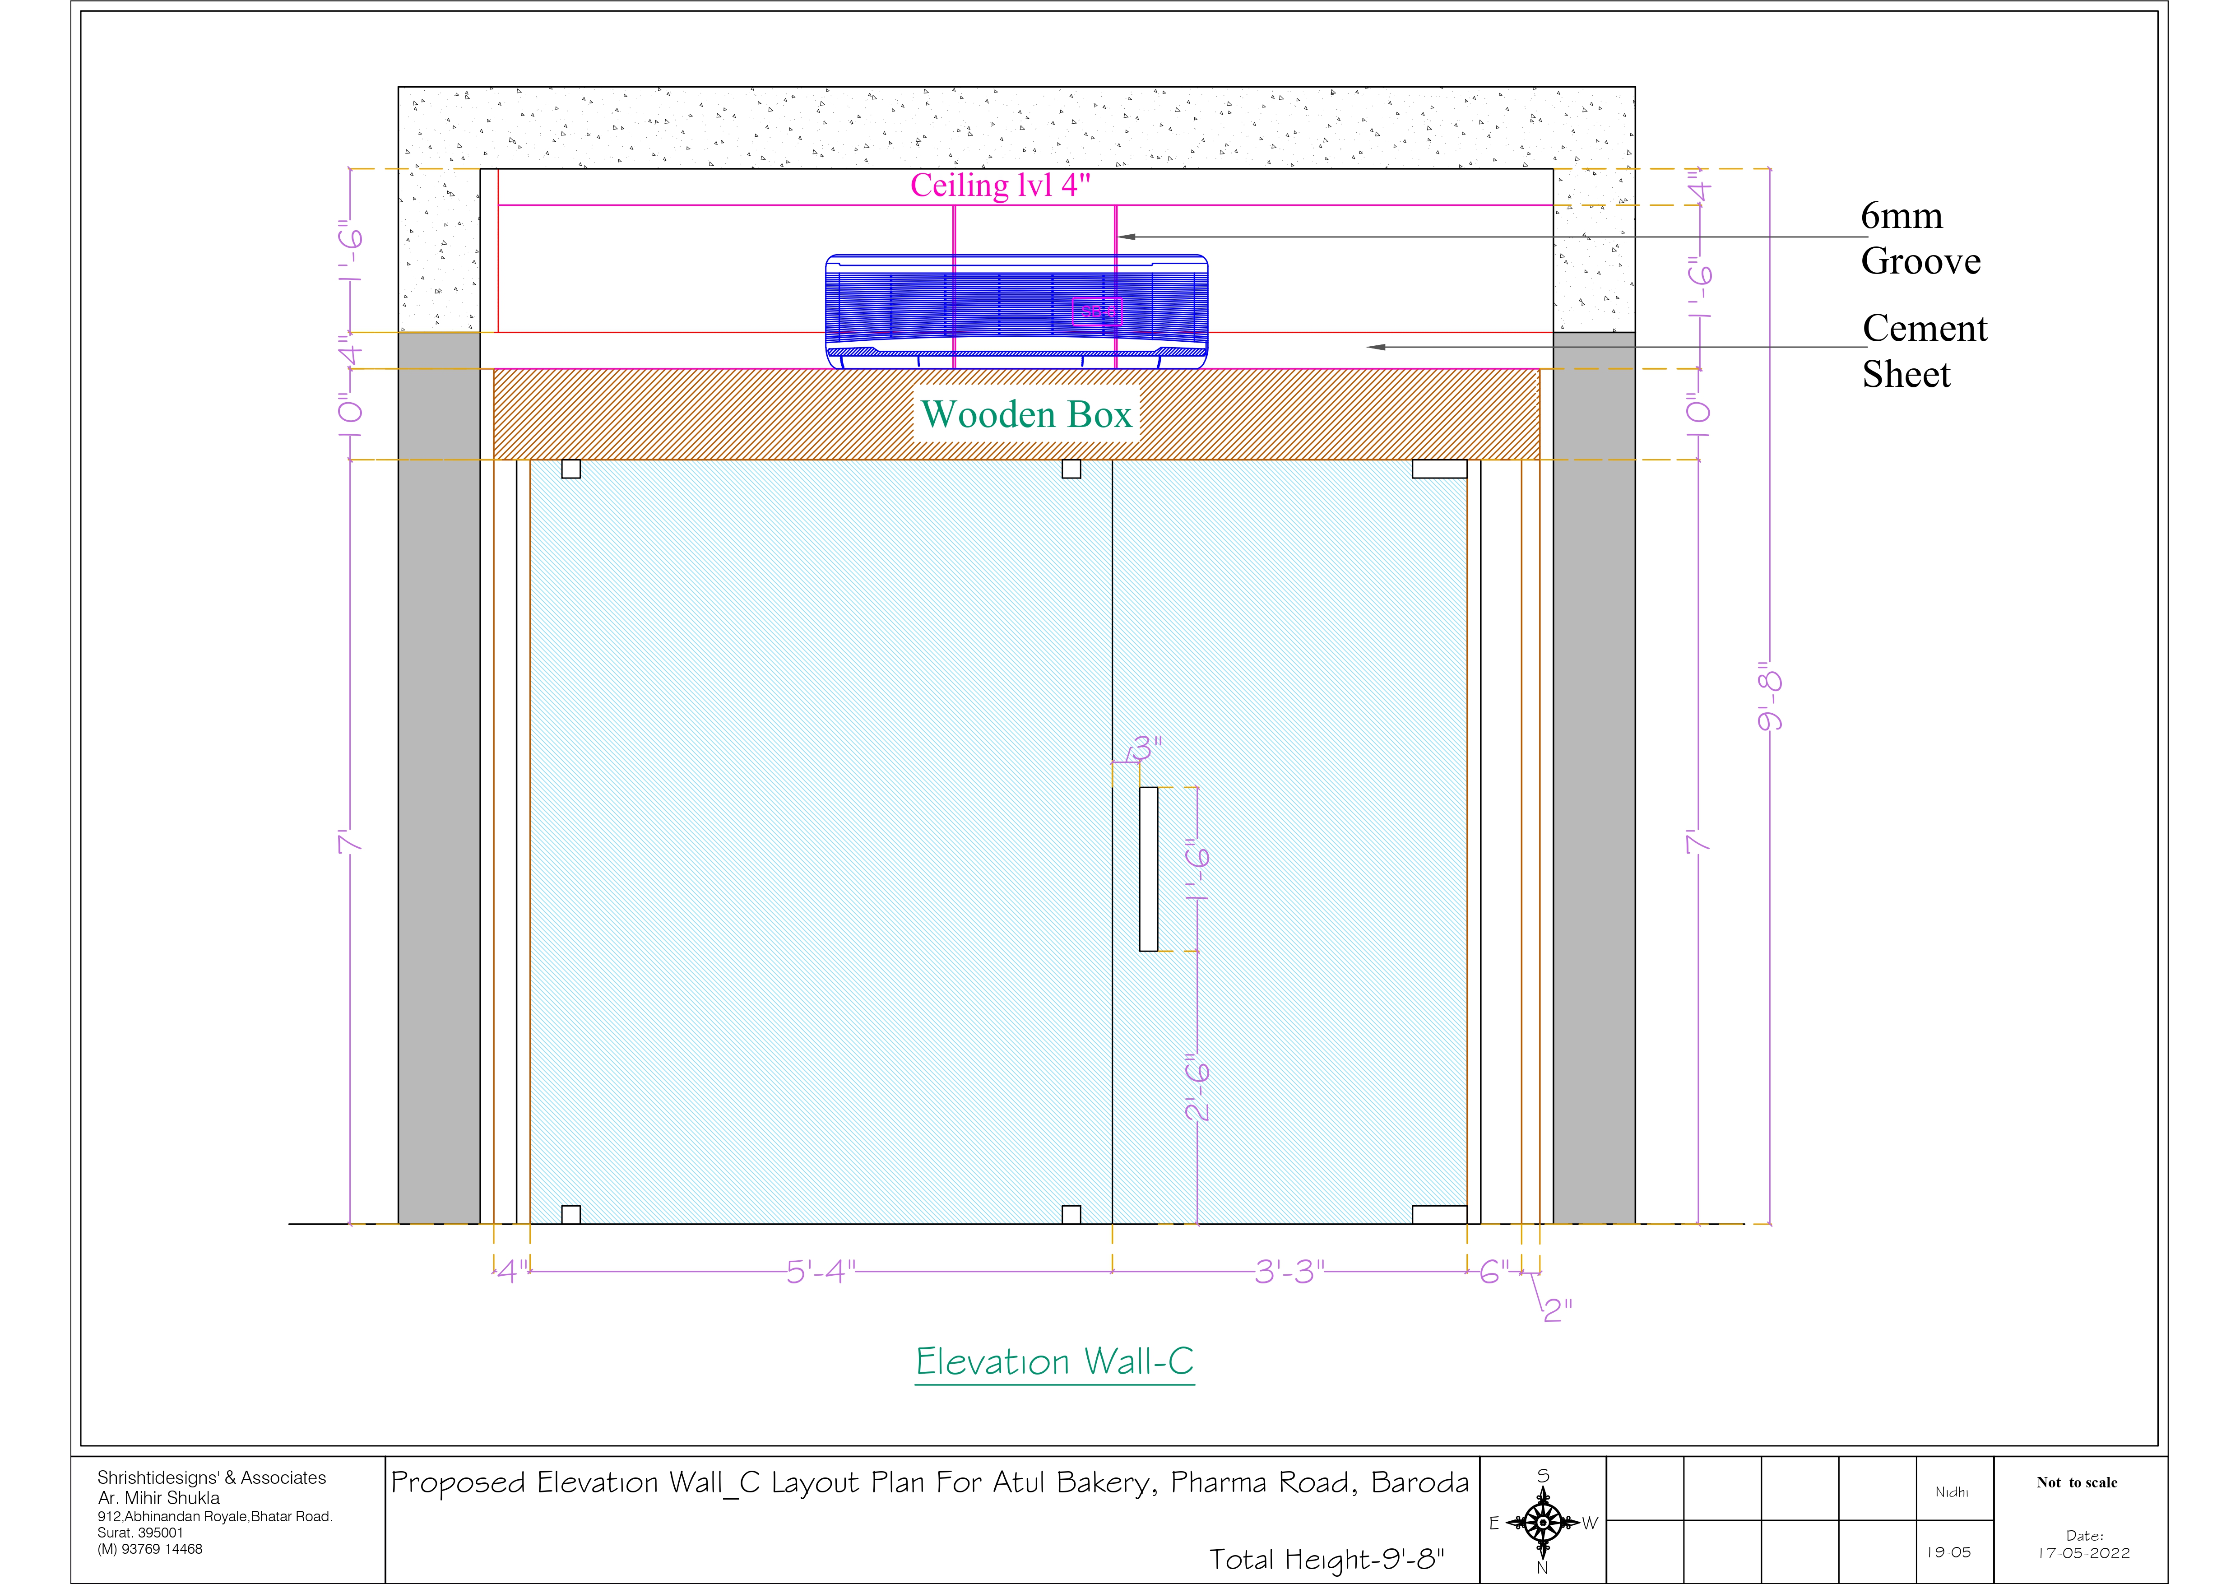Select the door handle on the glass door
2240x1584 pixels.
coord(1148,869)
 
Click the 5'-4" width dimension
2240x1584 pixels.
coord(821,1272)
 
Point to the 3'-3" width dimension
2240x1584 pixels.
coord(1290,1272)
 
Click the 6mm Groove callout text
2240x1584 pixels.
coord(1920,238)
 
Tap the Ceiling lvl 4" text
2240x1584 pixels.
coord(1000,186)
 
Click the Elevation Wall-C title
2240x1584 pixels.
coord(1055,1361)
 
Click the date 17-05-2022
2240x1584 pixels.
coord(2084,1553)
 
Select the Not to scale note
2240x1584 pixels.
coord(2077,1482)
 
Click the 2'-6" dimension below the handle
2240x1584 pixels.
coord(1197,1086)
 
